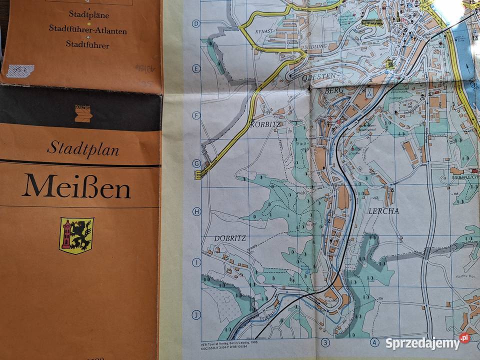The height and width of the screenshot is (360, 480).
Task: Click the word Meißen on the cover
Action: point(76,186)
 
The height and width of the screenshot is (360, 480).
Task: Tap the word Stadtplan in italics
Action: point(83,148)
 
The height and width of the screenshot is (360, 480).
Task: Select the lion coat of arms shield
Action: point(76,235)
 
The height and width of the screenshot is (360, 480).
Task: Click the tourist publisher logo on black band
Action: point(83,113)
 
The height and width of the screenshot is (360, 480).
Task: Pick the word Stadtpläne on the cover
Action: point(87,14)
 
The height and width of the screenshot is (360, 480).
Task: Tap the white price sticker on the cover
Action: point(20,71)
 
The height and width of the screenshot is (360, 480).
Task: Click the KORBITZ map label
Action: point(267,124)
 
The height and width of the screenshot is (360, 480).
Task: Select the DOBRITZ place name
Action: point(230,238)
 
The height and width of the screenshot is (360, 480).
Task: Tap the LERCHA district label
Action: point(383,211)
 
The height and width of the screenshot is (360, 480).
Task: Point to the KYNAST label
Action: point(263,30)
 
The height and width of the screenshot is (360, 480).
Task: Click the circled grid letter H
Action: point(196,211)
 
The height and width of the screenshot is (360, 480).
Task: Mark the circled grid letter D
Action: point(196,23)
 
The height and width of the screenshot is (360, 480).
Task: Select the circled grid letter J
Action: point(196,315)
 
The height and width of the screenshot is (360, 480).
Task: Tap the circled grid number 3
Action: point(326,342)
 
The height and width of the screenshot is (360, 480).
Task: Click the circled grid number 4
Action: point(374,342)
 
